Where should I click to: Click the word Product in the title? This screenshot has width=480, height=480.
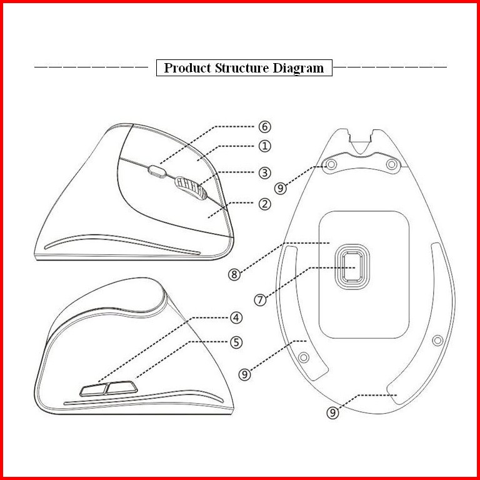(187, 68)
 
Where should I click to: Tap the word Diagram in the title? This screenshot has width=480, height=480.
(298, 68)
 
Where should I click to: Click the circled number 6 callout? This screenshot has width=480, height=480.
(265, 126)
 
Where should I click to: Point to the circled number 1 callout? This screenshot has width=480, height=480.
(265, 146)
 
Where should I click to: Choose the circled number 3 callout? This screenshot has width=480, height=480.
(265, 172)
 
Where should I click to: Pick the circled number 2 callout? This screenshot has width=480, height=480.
(265, 204)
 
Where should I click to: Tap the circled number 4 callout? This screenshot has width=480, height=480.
(236, 317)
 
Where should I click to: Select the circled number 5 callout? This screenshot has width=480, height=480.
(236, 342)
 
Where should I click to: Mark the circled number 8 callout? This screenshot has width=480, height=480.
(234, 274)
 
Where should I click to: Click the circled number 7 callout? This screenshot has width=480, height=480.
(261, 299)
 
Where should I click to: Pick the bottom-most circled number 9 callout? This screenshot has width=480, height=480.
(333, 412)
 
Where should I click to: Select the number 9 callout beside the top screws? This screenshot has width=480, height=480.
(282, 187)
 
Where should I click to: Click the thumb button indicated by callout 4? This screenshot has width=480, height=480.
(93, 389)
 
